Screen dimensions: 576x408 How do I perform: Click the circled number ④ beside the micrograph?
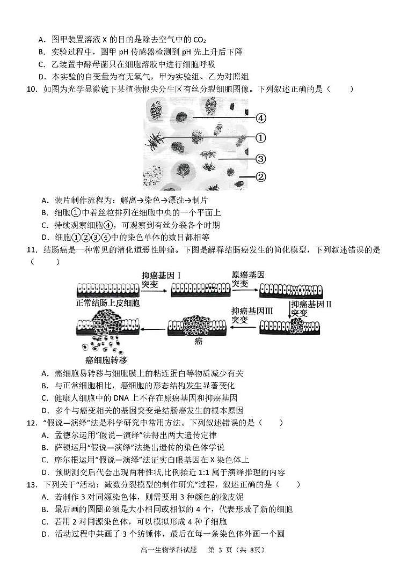point(261,119)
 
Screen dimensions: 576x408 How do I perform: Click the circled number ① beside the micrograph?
point(261,138)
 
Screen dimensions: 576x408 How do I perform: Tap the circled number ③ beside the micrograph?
point(261,159)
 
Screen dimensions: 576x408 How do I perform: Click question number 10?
point(31,89)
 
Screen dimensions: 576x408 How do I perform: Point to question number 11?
point(31,250)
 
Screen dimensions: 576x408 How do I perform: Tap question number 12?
point(31,423)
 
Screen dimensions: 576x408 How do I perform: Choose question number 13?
point(31,484)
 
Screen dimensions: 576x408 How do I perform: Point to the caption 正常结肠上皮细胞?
point(108,304)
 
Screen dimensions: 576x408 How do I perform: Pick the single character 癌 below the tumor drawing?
point(198,341)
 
